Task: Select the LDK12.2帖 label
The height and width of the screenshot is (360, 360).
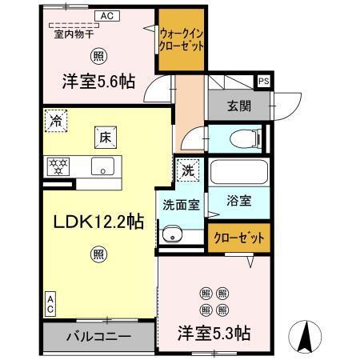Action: click(x=98, y=222)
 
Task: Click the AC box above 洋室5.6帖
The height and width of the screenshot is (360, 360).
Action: click(x=106, y=15)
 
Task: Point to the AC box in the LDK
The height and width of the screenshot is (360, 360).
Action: click(x=49, y=303)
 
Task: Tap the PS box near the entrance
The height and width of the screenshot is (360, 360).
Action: click(x=262, y=80)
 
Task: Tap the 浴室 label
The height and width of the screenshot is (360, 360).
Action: click(x=238, y=202)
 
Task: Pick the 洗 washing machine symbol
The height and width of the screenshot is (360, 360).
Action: click(x=186, y=170)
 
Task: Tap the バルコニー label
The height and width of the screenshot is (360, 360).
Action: click(x=98, y=336)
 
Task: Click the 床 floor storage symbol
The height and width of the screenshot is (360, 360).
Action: click(x=104, y=136)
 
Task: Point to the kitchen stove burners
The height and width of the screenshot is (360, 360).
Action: click(x=58, y=166)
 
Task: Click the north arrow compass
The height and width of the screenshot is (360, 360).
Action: click(x=304, y=336)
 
